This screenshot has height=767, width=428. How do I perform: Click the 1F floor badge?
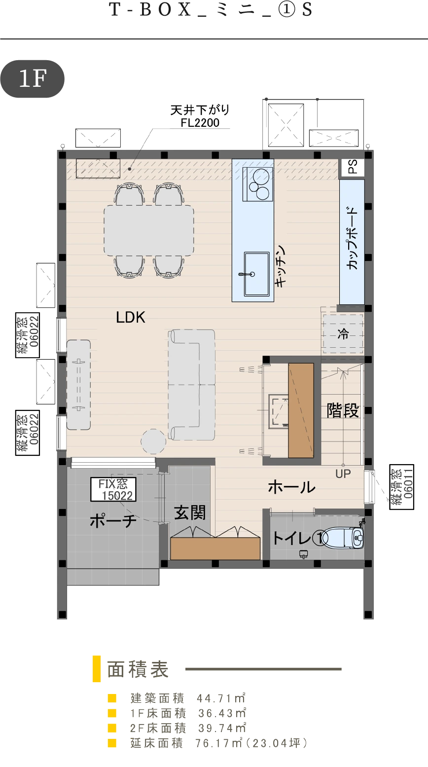[33, 79]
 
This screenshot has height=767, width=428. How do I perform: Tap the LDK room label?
[131, 318]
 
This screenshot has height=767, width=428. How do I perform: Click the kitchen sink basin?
[256, 274]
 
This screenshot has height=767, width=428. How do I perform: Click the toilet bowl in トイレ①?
[344, 538]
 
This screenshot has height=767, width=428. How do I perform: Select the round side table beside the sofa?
[153, 441]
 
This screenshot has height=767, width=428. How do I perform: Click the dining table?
[149, 230]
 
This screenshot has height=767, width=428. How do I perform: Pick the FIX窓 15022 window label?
[113, 490]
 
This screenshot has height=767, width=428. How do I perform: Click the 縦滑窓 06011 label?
[402, 487]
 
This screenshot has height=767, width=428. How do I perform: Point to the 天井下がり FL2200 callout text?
[200, 116]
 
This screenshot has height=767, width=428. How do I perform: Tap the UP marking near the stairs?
[343, 474]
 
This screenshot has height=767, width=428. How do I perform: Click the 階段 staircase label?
[343, 410]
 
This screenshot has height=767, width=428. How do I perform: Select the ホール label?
[291, 486]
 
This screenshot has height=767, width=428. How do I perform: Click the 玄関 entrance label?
[190, 512]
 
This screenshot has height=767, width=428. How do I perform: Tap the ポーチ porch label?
[113, 521]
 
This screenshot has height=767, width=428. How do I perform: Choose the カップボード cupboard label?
[352, 238]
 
